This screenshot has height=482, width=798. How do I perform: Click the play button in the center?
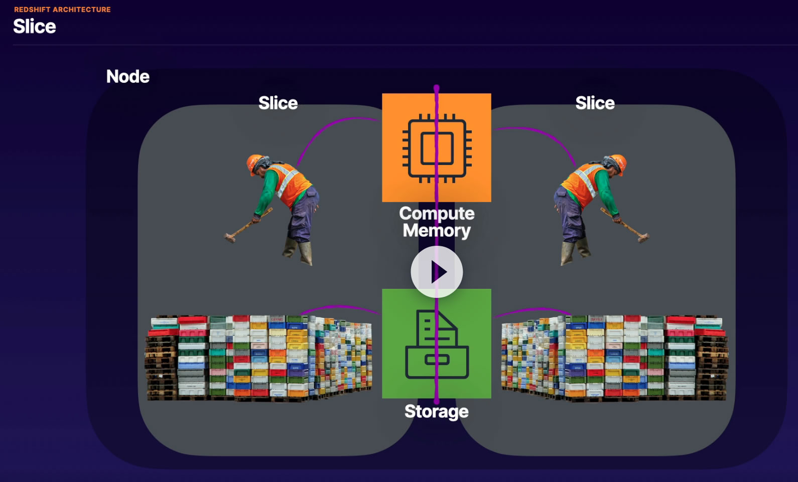[x=437, y=272]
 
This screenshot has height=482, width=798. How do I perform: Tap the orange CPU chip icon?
[x=437, y=148]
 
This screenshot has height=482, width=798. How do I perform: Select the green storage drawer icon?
[x=437, y=344]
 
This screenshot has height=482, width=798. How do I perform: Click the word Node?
[x=128, y=77]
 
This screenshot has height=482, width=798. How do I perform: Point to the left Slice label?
[x=278, y=103]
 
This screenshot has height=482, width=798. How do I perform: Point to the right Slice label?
[x=595, y=103]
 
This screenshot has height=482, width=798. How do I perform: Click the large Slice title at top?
[x=35, y=27]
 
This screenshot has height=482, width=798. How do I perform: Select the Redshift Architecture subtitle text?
[x=62, y=10]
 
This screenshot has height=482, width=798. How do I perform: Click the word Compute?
[x=437, y=214]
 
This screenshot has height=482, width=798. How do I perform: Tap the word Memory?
[x=437, y=230]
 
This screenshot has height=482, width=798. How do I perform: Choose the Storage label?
[x=437, y=411]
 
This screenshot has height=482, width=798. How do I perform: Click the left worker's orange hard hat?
[x=254, y=164]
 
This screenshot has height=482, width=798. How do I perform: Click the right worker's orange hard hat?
[x=618, y=164]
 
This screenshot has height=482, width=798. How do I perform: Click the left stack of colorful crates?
[x=259, y=358]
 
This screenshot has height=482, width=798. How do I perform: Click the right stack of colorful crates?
[x=614, y=358]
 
